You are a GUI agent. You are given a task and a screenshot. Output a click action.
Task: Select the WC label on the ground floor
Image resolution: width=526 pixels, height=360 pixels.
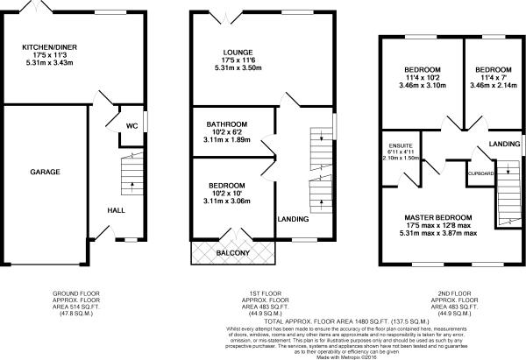click(x=131, y=125)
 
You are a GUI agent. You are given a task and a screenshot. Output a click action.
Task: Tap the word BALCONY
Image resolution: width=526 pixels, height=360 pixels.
click(x=233, y=254)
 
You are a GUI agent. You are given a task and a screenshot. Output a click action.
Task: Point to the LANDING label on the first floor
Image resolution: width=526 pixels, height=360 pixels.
click(x=292, y=218)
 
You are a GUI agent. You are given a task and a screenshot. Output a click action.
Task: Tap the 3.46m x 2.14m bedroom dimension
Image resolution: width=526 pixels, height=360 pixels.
click(x=491, y=86)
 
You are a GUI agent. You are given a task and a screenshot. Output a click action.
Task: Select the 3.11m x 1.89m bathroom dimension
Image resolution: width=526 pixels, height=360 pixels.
click(x=227, y=139)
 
